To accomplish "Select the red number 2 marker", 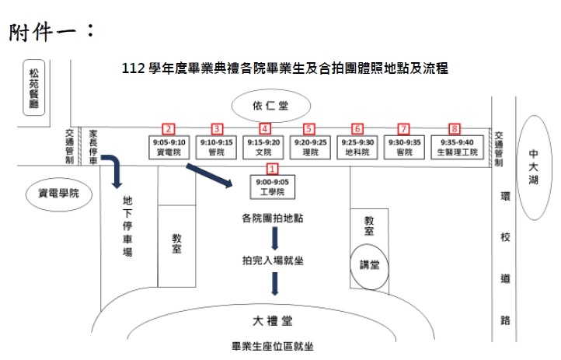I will [x=168, y=128].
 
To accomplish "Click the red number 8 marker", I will [x=455, y=128].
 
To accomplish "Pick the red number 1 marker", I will [x=271, y=168].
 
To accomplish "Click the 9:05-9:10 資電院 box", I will [x=169, y=148].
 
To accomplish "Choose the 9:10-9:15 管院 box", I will [x=217, y=148].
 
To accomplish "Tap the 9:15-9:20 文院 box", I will [x=264, y=148].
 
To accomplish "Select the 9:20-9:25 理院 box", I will [x=310, y=148].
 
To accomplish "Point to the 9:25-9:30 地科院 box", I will [x=357, y=148].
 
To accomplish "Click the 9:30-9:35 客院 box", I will [x=403, y=148].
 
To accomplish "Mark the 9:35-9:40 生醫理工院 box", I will [x=456, y=148].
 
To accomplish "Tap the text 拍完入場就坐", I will [x=272, y=260].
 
